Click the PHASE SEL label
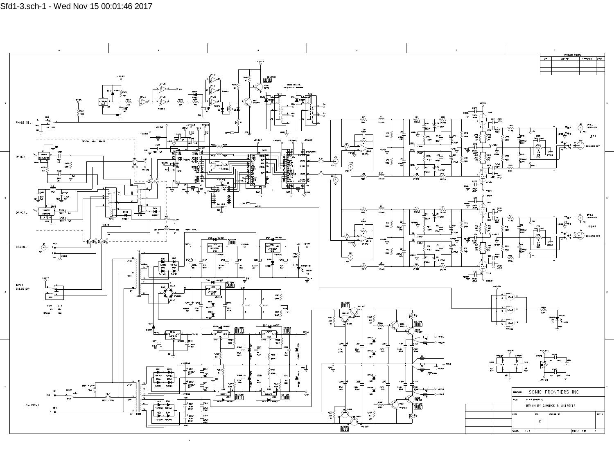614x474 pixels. [23, 123]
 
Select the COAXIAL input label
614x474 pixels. [21, 247]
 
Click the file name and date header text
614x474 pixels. [76, 6]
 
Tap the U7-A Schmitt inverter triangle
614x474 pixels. [143, 101]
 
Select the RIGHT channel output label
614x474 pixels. [592, 226]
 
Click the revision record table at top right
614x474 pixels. [572, 64]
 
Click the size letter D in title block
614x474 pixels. [540, 421]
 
